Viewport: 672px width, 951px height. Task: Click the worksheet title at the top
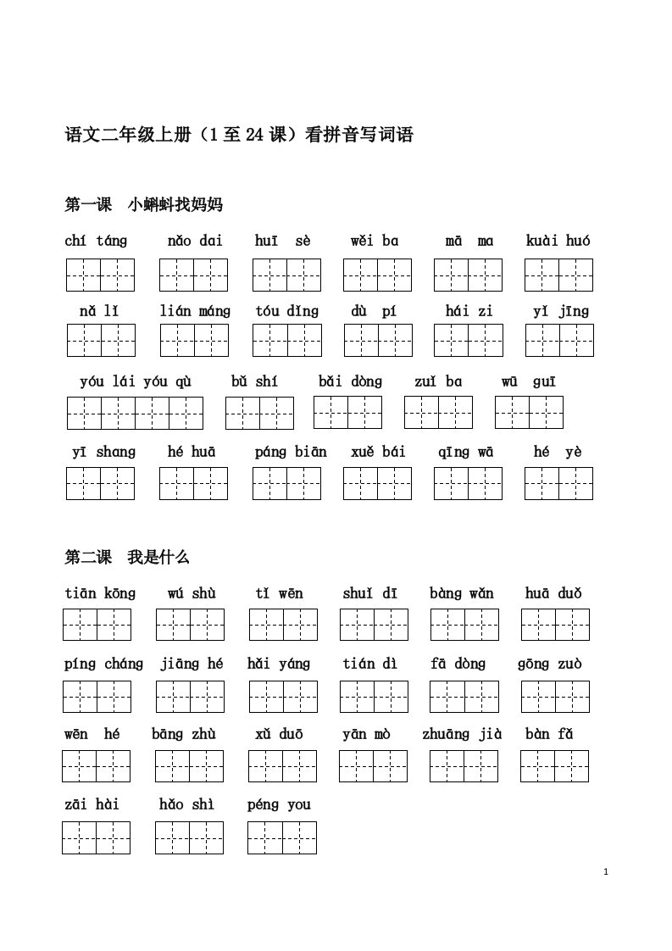[x=239, y=135]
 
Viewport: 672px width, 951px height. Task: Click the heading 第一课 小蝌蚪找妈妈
[x=143, y=204]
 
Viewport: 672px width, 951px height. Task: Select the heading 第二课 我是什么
[x=127, y=557]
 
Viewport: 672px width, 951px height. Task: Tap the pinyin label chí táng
[x=96, y=241]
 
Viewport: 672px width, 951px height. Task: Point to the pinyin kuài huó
[x=558, y=241]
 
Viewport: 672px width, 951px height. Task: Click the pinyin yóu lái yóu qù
[x=136, y=381]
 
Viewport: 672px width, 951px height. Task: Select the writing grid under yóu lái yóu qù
[x=135, y=413]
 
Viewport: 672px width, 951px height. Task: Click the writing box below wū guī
[x=529, y=412]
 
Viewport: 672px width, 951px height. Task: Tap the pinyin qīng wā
[x=465, y=452]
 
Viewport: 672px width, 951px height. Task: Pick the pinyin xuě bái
[x=378, y=452]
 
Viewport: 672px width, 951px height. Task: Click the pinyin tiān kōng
[x=99, y=593]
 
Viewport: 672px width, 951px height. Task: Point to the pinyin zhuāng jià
[x=462, y=734]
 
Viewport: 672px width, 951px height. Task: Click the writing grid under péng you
[x=281, y=837]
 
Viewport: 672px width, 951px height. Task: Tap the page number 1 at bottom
[x=608, y=871]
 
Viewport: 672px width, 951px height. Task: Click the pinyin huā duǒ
[x=553, y=593]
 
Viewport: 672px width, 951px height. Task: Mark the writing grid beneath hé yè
[x=558, y=483]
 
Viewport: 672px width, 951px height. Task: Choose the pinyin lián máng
[x=195, y=311]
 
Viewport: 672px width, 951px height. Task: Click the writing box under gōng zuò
[x=555, y=696]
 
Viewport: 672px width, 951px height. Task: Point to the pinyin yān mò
[x=366, y=734]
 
